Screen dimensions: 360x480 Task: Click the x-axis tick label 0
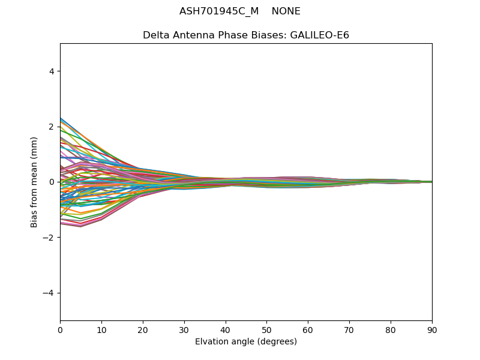click(60, 329)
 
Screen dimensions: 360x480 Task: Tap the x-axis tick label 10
click(101, 329)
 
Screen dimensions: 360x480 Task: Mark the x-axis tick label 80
click(391, 329)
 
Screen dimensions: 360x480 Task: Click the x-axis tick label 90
click(432, 329)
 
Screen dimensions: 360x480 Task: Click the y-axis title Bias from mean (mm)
click(35, 182)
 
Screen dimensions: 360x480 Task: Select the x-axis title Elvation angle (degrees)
click(246, 341)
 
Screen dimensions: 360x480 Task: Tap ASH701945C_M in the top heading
click(219, 11)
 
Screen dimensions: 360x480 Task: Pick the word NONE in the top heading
click(286, 11)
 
